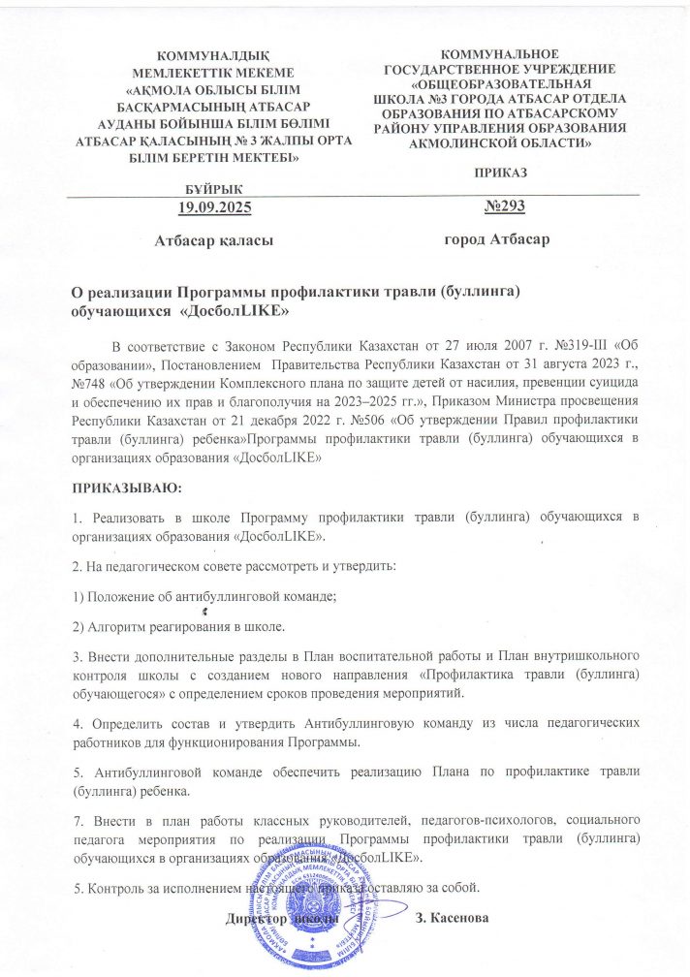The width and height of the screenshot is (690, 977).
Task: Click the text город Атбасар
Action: [x=496, y=239]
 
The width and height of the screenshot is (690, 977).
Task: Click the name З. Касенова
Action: [x=455, y=916]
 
